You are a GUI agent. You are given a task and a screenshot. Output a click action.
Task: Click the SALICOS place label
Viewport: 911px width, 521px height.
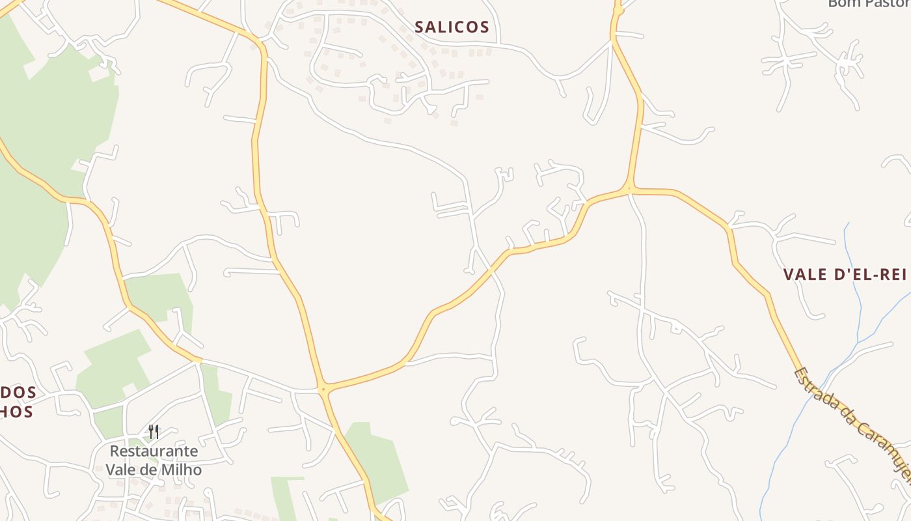tap(452, 27)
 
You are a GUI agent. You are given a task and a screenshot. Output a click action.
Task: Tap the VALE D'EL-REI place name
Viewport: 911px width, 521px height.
tap(845, 274)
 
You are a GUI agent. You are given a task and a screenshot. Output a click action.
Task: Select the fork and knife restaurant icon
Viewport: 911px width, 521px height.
tap(154, 431)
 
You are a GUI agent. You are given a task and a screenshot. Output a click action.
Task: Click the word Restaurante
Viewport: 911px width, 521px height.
tap(154, 451)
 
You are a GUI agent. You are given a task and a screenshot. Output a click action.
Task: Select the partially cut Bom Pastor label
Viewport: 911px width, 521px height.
tap(869, 4)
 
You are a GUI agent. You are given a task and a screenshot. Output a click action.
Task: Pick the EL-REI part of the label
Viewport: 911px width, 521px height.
tap(880, 274)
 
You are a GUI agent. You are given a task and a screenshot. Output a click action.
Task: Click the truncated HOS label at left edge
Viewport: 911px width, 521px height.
tap(17, 412)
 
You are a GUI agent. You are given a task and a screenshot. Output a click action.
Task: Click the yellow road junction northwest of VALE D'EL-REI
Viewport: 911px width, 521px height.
tap(629, 190)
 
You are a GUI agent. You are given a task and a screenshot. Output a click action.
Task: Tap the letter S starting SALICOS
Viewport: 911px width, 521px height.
tap(420, 27)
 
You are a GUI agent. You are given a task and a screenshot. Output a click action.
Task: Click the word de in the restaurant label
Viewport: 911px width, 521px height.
tap(149, 469)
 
